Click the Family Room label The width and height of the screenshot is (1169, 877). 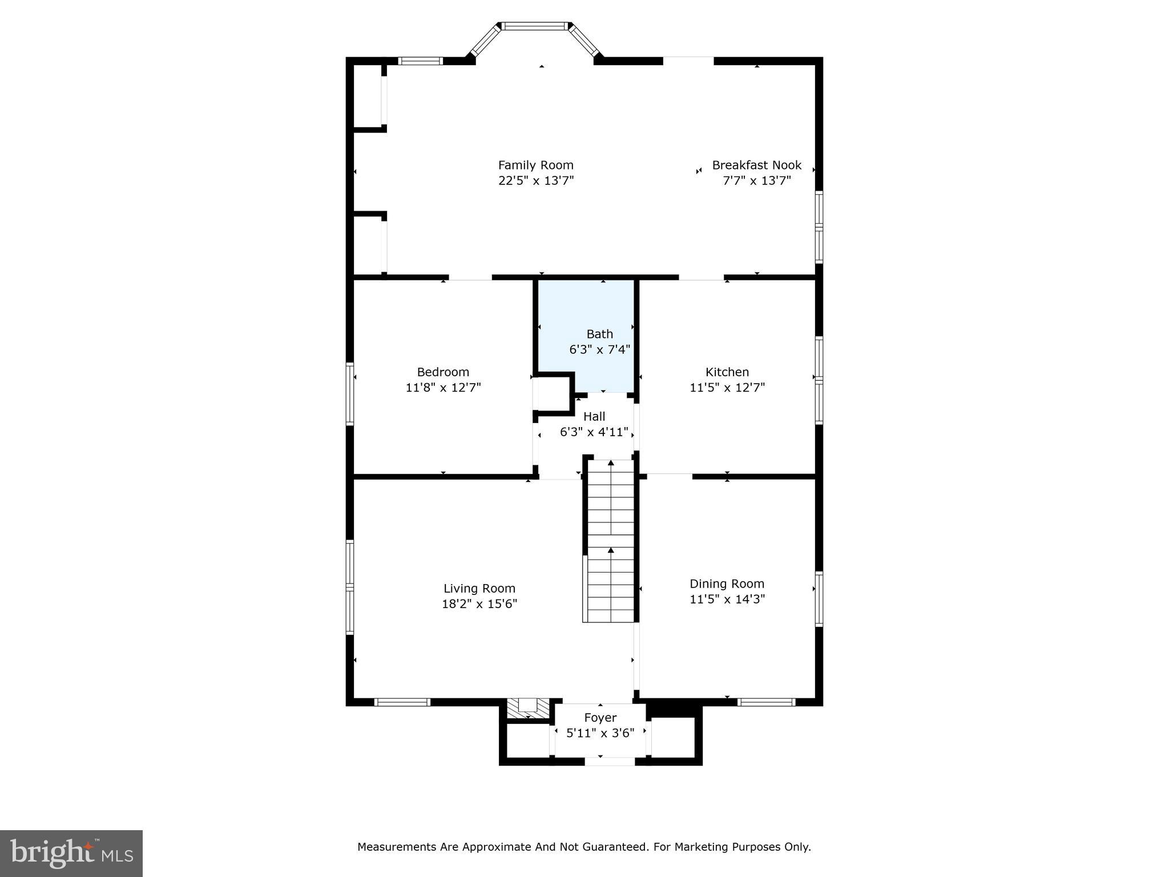(x=535, y=165)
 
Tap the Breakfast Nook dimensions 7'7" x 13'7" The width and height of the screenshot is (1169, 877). (x=757, y=181)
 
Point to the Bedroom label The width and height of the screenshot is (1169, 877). (x=443, y=372)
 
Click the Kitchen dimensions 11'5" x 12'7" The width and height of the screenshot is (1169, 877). (x=727, y=388)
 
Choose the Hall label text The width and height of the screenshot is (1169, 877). (x=594, y=417)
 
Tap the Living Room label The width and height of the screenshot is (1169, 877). (x=479, y=589)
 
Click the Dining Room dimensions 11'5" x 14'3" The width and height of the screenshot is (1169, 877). (x=727, y=599)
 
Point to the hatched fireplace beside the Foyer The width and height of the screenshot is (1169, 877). (x=528, y=708)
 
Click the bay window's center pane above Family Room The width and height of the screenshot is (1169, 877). (x=535, y=26)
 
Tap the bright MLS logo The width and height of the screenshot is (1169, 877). (x=71, y=854)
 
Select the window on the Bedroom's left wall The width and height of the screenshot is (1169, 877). (x=350, y=394)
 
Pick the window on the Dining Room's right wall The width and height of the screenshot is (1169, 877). (x=819, y=599)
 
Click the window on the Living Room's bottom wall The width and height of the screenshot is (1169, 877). (x=402, y=702)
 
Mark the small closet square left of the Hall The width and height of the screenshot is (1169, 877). (x=554, y=393)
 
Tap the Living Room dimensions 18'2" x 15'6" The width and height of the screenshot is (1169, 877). (x=479, y=604)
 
